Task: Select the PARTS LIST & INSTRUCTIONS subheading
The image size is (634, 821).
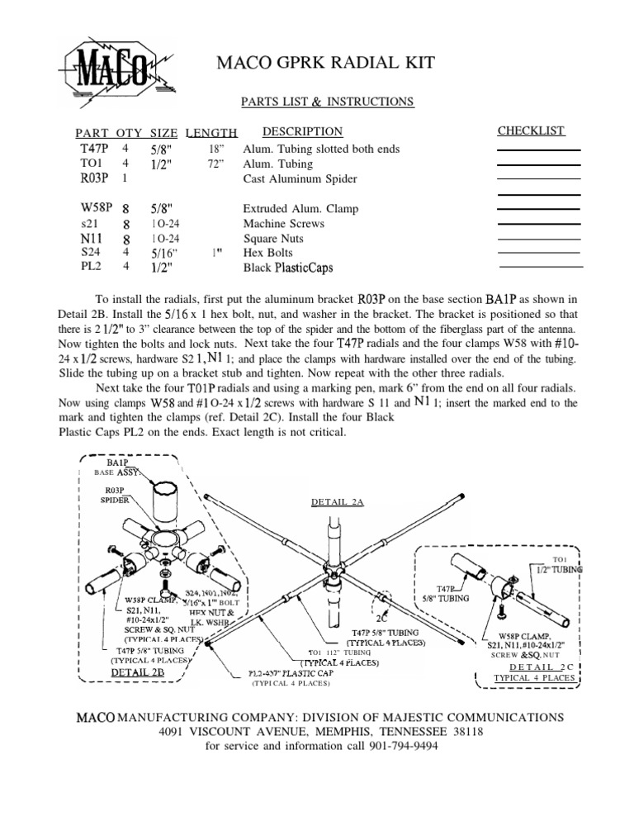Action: click(327, 102)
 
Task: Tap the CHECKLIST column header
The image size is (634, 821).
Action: click(531, 131)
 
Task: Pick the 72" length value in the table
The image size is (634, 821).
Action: click(217, 164)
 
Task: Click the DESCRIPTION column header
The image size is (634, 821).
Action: click(302, 131)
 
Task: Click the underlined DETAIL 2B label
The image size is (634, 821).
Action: click(138, 672)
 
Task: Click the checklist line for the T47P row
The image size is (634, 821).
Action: click(539, 149)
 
